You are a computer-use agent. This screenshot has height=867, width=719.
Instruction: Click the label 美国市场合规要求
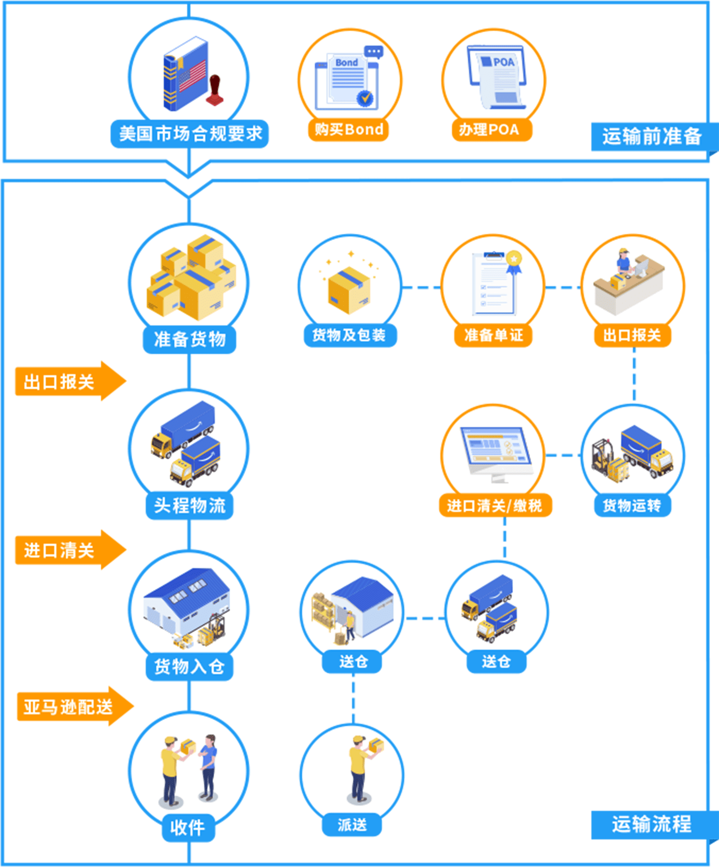190,134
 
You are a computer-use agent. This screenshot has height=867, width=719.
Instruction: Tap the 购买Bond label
349,130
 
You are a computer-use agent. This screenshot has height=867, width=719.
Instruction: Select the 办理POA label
490,130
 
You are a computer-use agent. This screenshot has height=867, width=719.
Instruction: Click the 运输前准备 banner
651,136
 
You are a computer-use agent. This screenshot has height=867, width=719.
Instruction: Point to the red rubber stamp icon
215,90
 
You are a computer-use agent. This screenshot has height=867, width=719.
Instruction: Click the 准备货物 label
189,339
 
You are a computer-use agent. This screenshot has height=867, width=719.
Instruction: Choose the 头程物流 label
189,505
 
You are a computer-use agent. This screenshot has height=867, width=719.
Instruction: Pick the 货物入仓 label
189,666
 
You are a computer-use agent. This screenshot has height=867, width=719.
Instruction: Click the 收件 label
188,827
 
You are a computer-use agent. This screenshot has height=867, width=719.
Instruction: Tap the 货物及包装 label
349,335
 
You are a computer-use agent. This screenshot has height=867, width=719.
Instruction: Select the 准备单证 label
493,335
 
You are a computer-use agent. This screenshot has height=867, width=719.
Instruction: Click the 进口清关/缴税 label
495,505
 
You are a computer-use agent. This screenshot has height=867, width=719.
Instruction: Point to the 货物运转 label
632,505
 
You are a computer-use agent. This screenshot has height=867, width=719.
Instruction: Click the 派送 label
352,825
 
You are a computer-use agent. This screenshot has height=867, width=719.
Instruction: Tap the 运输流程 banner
651,824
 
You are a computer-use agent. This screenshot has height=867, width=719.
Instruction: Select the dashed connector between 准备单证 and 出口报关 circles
563,288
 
